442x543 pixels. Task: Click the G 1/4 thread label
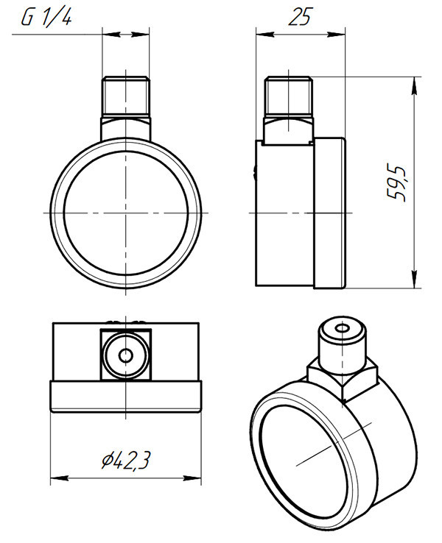click(x=46, y=18)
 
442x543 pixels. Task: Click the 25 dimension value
click(x=301, y=17)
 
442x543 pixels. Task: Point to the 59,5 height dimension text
click(x=396, y=183)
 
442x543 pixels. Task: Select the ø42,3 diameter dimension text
click(x=126, y=461)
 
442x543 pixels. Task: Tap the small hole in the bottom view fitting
click(x=125, y=355)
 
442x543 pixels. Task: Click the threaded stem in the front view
click(x=126, y=97)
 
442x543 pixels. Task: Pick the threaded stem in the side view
click(x=289, y=97)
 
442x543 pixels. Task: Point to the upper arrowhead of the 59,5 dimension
click(x=414, y=85)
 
